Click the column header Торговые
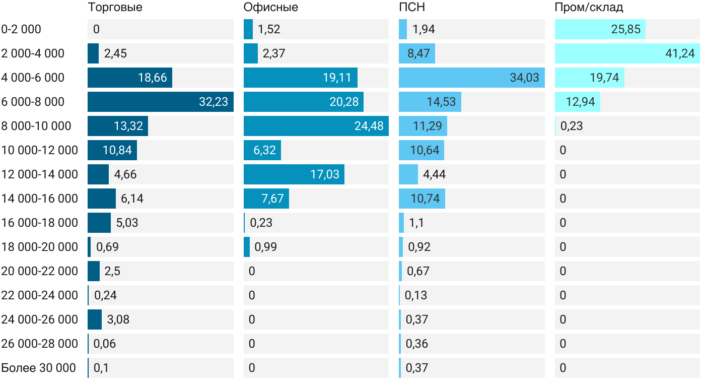click(x=115, y=8)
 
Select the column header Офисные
click(x=270, y=8)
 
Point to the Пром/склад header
click(x=589, y=8)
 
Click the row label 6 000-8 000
click(x=33, y=102)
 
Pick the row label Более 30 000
click(x=38, y=368)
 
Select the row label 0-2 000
click(x=21, y=29)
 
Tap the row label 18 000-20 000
click(x=40, y=247)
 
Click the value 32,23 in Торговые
click(x=214, y=102)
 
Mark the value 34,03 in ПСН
click(x=524, y=78)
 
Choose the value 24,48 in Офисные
click(x=369, y=126)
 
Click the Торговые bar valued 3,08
click(x=95, y=319)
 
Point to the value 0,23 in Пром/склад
click(x=572, y=126)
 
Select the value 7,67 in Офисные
click(x=272, y=199)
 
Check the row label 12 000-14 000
click(x=40, y=174)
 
